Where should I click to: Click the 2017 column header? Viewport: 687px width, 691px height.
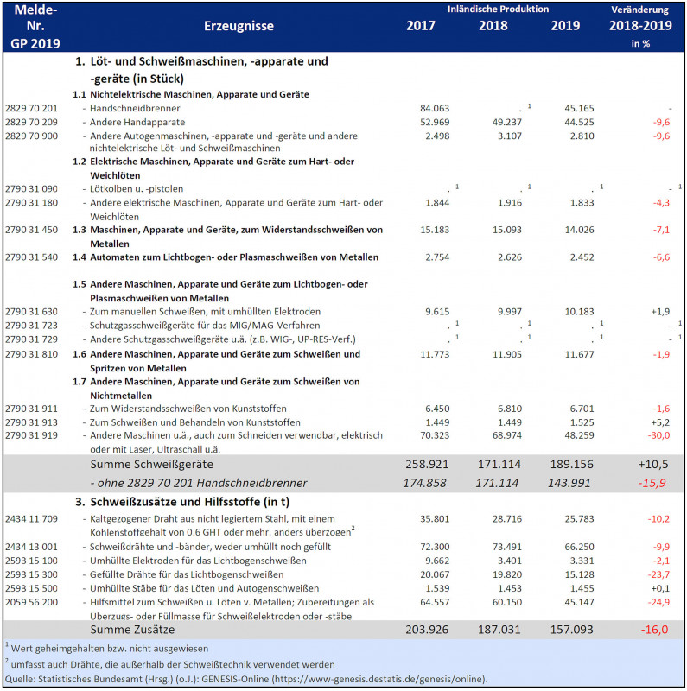421,25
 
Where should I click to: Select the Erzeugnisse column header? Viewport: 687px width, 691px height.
239,26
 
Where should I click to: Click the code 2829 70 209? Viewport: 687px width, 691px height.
31,123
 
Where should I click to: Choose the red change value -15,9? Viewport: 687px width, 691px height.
652,481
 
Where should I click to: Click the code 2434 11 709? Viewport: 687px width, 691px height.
31,519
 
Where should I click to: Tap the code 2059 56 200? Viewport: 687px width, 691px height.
31,602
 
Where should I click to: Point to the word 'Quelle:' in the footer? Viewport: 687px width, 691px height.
18,679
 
